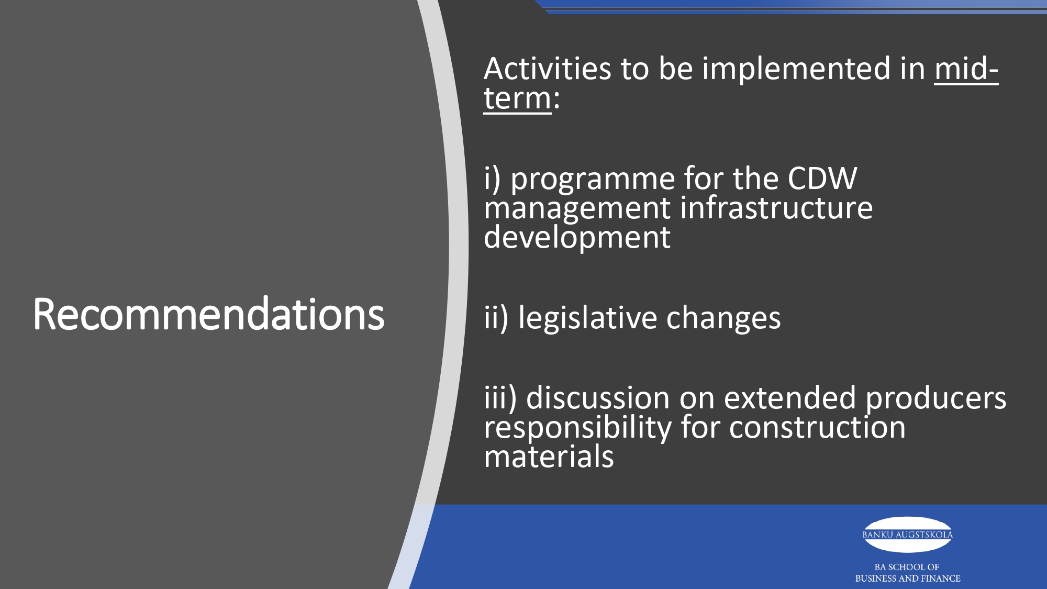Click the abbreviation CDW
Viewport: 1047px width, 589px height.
(822, 179)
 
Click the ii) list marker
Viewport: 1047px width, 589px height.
(496, 318)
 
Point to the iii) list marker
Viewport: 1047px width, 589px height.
(500, 398)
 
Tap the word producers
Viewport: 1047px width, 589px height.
(935, 399)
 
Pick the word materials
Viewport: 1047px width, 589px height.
(549, 457)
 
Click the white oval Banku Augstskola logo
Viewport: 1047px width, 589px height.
(907, 535)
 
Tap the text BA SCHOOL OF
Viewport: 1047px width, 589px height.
(907, 567)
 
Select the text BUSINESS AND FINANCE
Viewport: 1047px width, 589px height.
(908, 579)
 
